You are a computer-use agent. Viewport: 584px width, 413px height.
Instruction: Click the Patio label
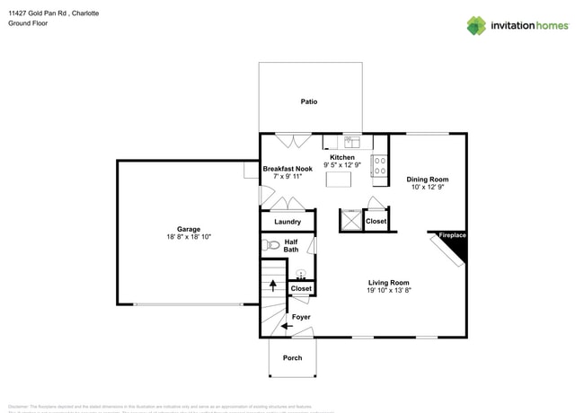coord(308,101)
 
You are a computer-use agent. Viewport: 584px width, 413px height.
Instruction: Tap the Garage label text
coord(189,229)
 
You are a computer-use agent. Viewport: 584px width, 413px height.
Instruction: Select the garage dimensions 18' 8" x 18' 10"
coord(189,236)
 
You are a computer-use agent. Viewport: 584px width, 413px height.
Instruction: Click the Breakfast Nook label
coord(288,169)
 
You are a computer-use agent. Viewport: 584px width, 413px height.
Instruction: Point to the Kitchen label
coord(341,157)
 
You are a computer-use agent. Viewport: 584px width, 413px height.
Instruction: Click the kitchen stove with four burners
coord(380,164)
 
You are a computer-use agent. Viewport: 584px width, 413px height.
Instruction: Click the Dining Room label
coord(427,180)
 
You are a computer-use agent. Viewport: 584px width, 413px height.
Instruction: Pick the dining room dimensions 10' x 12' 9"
coord(427,188)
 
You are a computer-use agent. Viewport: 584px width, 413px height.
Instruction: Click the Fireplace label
coord(452,236)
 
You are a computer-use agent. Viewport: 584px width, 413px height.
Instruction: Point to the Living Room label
coord(388,283)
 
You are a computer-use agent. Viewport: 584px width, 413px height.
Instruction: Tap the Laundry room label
coord(288,222)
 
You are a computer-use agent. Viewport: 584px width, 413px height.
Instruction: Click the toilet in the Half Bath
coord(272,244)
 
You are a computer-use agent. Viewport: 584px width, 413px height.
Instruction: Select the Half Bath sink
coord(301,274)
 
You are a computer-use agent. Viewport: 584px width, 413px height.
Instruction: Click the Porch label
coord(292,358)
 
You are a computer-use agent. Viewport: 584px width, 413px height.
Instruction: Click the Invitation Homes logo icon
coord(476,25)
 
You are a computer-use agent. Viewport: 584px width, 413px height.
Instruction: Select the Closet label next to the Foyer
coord(301,289)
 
